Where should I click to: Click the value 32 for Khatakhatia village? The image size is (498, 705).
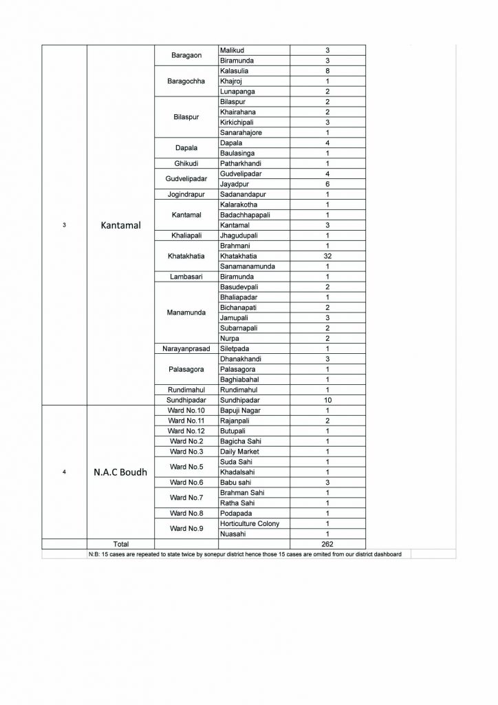click(x=327, y=255)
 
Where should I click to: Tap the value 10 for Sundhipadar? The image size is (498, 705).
click(x=327, y=399)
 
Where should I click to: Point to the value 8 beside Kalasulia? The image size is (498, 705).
click(x=327, y=70)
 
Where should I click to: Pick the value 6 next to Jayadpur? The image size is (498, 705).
click(x=327, y=184)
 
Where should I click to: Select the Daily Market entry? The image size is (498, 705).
click(x=237, y=451)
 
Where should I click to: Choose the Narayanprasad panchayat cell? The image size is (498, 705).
click(x=184, y=348)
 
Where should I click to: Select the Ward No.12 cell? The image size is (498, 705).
click(x=184, y=430)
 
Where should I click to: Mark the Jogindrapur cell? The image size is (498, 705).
click(x=184, y=194)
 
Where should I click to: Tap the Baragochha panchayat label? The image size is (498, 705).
click(x=184, y=81)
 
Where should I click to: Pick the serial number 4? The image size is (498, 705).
click(x=64, y=472)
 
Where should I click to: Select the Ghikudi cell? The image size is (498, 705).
click(x=184, y=163)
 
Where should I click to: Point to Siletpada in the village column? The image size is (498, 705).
click(x=235, y=348)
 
